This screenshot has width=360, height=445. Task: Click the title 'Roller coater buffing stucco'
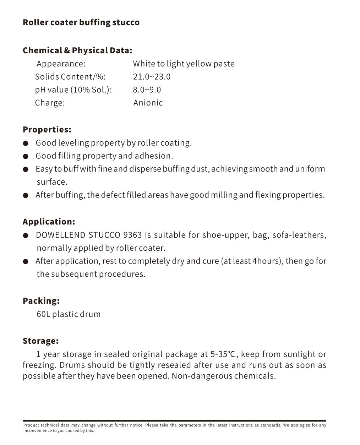pyautogui.click(x=81, y=22)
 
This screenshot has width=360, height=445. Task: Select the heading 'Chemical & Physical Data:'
pyautogui.click(x=77, y=50)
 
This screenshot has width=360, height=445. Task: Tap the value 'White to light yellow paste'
pyautogui.click(x=184, y=64)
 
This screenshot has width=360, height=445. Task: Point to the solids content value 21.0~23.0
pyautogui.click(x=152, y=77)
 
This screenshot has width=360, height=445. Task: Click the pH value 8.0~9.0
pyautogui.click(x=147, y=90)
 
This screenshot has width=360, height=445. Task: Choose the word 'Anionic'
pyautogui.click(x=148, y=103)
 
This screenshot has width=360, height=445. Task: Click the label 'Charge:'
pyautogui.click(x=50, y=103)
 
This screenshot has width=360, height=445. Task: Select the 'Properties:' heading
pyautogui.click(x=47, y=130)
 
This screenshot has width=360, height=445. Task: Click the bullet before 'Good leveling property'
pyautogui.click(x=26, y=143)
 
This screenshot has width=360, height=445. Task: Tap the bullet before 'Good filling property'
pyautogui.click(x=26, y=156)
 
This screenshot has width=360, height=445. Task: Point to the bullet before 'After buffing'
pyautogui.click(x=26, y=195)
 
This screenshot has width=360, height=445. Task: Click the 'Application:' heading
pyautogui.click(x=49, y=222)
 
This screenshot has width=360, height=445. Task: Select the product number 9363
pyautogui.click(x=132, y=235)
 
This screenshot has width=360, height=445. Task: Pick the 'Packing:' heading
pyautogui.click(x=41, y=301)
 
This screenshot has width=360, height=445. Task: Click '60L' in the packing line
pyautogui.click(x=43, y=314)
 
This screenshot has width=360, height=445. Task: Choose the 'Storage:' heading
pyautogui.click(x=40, y=341)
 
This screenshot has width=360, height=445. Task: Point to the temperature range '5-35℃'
pyautogui.click(x=223, y=354)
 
